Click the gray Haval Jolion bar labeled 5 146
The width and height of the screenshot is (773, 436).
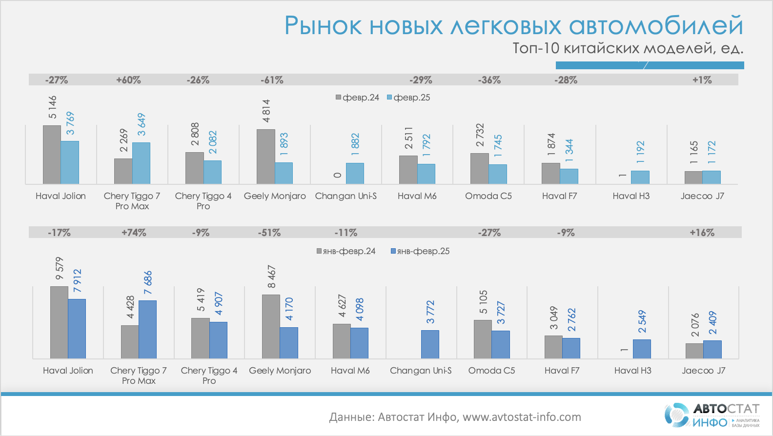[x=52, y=155]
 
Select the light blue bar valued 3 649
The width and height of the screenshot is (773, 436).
[x=141, y=163]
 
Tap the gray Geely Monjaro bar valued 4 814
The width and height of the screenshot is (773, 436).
[x=265, y=157]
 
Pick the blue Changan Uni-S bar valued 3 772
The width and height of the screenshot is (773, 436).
[x=430, y=344]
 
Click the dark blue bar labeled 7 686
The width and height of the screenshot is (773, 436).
[x=147, y=329]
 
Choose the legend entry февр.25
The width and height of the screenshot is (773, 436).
[x=408, y=98]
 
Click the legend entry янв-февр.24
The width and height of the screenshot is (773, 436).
[x=346, y=251]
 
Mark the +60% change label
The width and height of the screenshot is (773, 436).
[x=128, y=80]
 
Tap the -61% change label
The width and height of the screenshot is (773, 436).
[x=272, y=80]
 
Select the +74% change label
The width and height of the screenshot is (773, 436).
[x=134, y=233]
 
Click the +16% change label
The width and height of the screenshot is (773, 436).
[x=702, y=233]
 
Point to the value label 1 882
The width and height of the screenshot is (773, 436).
[x=355, y=144]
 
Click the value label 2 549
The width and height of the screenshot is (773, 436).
[x=642, y=321]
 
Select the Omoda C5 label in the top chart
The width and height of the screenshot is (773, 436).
[x=488, y=196]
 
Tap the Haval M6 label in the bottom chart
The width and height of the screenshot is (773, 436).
[x=350, y=371]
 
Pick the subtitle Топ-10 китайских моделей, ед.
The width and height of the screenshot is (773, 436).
[x=628, y=48]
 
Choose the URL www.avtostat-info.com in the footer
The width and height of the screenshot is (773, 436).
[x=522, y=417]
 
